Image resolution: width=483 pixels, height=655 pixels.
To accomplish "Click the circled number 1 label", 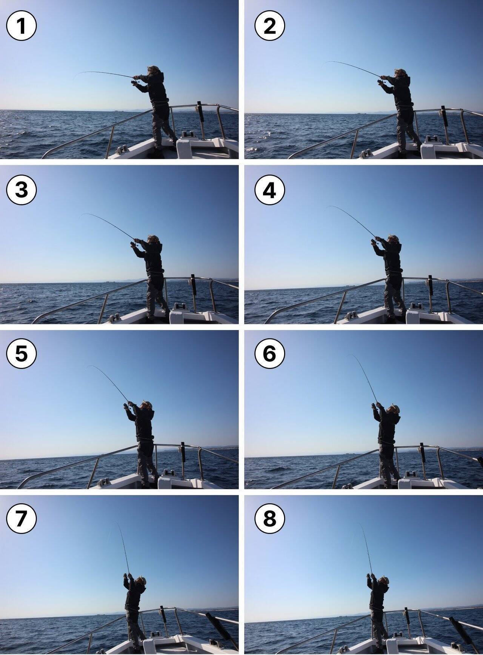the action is pos(22,26).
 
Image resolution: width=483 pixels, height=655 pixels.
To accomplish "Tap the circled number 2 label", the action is pos(269,26).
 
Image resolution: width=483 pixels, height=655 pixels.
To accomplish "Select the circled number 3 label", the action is pos(22,190).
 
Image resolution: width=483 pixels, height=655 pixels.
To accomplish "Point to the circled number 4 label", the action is pos(269,190).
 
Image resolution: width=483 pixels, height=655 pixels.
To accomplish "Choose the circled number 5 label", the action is pos(22,354).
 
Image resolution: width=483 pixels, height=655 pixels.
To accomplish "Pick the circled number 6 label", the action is pos(269,354).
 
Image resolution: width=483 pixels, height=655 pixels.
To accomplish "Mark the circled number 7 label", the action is pos(22,518).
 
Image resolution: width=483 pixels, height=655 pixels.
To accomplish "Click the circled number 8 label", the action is pos(269,518).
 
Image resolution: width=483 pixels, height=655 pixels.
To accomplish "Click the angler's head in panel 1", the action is pos(153,70).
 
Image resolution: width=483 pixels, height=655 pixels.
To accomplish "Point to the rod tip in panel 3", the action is pos(81,216).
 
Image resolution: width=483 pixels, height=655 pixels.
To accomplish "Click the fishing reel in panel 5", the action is pos(126,406).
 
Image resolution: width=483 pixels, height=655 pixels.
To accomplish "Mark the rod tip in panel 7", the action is pos(114,522).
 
